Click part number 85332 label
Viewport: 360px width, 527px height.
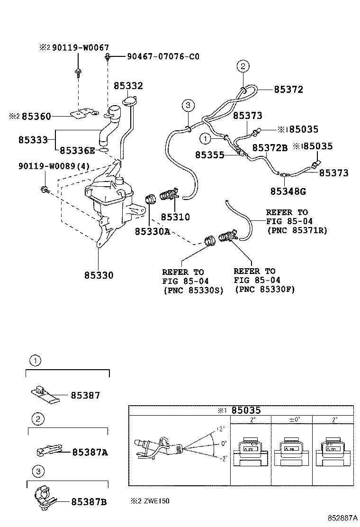(x=128, y=86)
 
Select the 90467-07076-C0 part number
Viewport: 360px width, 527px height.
(x=163, y=57)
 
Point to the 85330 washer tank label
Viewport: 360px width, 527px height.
(x=99, y=275)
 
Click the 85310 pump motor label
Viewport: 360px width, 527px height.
(x=175, y=218)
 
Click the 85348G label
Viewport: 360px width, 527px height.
(x=288, y=191)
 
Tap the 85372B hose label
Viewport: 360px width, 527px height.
(x=270, y=148)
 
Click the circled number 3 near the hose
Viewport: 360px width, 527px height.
(x=188, y=105)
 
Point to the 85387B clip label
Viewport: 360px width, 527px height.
(x=89, y=501)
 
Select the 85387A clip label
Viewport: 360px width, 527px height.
(x=90, y=453)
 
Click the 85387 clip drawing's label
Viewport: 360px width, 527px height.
(x=85, y=395)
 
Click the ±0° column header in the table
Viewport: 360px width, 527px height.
(x=294, y=420)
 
